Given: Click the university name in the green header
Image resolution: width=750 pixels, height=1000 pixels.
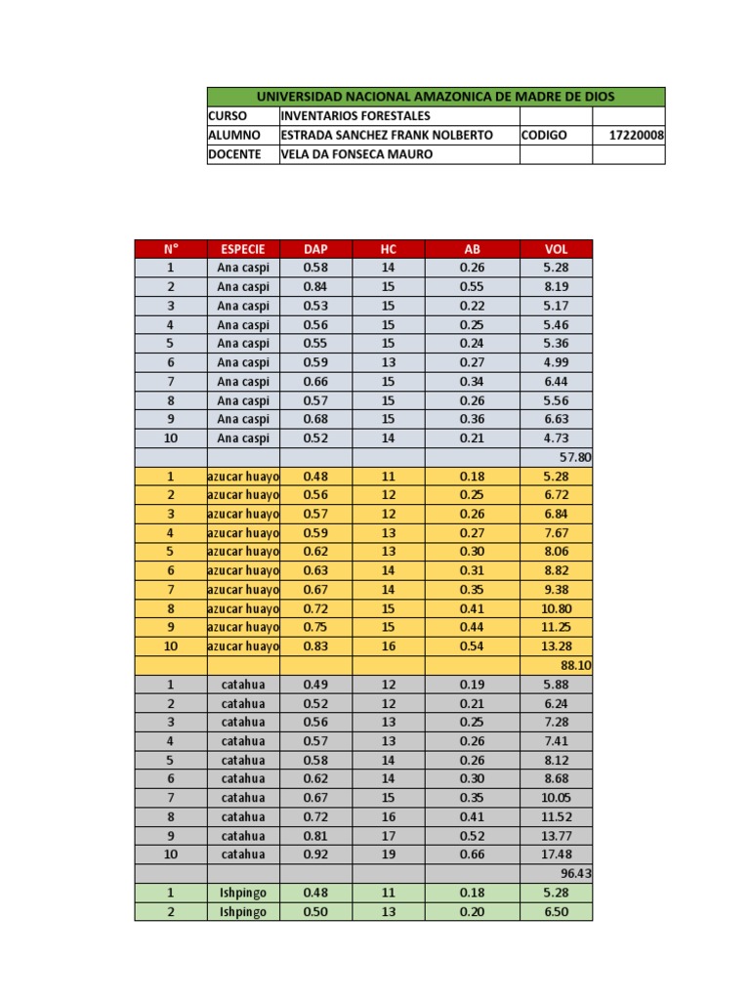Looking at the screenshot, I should (436, 97).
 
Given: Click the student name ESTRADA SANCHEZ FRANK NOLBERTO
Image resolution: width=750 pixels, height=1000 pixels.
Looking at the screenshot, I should (387, 135).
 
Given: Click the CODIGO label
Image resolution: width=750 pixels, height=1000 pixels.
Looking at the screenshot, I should (544, 135).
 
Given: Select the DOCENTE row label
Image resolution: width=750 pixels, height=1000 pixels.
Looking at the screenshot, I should (234, 154).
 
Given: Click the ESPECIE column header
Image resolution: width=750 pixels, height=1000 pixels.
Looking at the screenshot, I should (243, 249).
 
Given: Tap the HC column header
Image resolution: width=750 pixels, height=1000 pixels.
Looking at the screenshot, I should (389, 249).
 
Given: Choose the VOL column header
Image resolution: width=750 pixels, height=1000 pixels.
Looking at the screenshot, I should (556, 249).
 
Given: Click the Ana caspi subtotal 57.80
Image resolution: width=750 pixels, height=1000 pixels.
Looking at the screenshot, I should (575, 457).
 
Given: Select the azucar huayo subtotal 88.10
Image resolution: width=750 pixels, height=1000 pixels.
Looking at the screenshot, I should (575, 665).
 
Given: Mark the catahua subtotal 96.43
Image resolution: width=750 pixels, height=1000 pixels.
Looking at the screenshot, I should (575, 873).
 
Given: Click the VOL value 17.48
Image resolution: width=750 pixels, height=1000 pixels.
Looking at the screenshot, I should (556, 854).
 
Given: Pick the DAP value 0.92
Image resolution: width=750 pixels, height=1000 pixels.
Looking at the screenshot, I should (316, 854).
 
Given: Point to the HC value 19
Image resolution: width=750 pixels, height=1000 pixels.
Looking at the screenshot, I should (389, 854).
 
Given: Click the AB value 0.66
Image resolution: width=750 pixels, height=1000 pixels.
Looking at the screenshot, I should (473, 854).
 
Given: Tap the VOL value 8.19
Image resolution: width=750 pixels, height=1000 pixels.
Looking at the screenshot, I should (556, 287).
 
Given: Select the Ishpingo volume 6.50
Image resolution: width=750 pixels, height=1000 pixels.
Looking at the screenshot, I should (556, 911).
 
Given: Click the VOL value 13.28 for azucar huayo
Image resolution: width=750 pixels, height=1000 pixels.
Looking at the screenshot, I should (556, 646).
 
